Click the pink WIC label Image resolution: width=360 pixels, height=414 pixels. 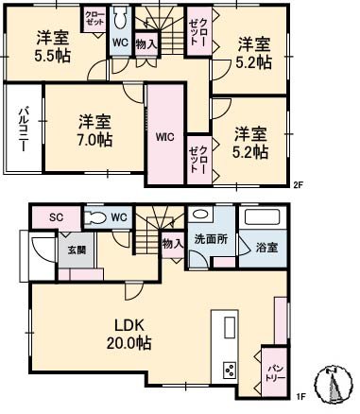pos(163,134)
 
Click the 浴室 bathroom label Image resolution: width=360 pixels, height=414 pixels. pos(266,248)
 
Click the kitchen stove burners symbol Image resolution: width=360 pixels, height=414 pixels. pos(228,369)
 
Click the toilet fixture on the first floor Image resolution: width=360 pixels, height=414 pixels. pos(95,217)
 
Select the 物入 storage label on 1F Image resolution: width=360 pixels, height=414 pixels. pos(172,243)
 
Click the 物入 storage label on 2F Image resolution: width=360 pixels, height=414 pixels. pos(146,43)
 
